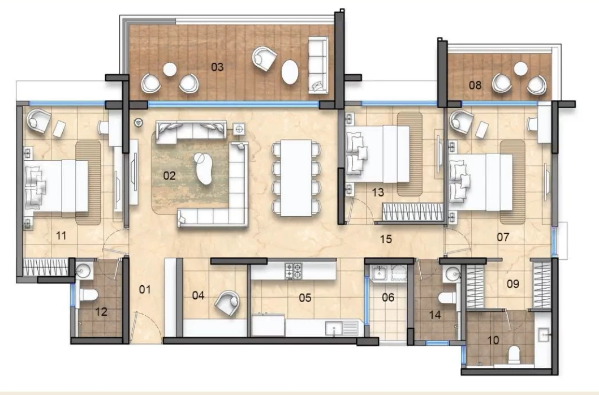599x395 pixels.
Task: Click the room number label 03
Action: click(x=218, y=67)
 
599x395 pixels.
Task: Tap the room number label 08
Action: click(x=475, y=86)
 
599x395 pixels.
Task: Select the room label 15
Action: click(x=386, y=239)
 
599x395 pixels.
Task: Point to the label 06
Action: click(x=387, y=297)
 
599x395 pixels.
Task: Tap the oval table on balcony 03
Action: click(x=291, y=72)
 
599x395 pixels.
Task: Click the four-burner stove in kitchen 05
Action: click(x=293, y=270)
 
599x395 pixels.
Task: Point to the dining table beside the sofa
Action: click(x=295, y=177)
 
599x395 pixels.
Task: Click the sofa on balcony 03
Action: click(x=318, y=63)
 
